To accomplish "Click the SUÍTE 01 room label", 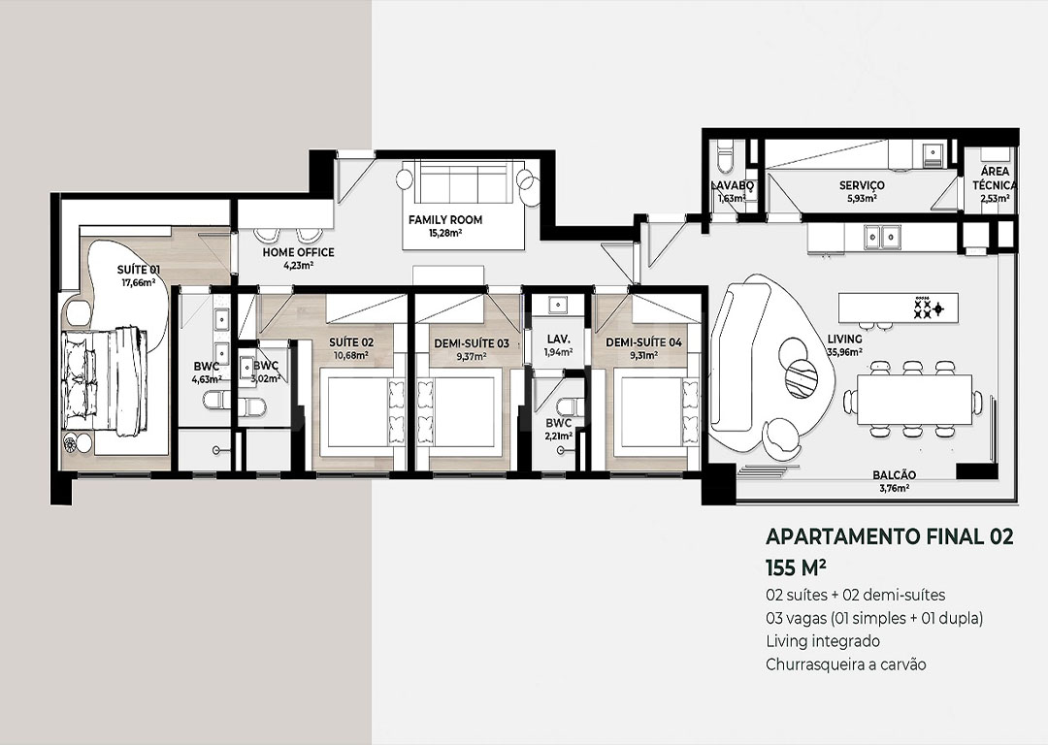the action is (x=139, y=270).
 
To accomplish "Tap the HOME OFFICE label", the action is (x=298, y=252).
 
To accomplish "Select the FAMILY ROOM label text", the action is (x=445, y=220).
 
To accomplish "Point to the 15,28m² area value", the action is (x=445, y=233).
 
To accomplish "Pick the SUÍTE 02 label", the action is (x=351, y=342).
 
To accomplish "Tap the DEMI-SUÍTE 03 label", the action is (x=472, y=343).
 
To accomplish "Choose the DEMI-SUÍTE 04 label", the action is (x=643, y=342).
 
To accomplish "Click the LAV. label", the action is (x=558, y=340).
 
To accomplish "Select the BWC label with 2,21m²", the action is (x=558, y=423).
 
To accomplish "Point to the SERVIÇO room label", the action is (x=862, y=185).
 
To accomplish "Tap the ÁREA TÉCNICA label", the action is (x=996, y=178).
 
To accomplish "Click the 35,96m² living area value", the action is (x=844, y=352).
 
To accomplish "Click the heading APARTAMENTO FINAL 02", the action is (x=889, y=536).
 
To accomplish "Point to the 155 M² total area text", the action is (x=796, y=567).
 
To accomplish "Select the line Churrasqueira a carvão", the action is (x=845, y=664).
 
